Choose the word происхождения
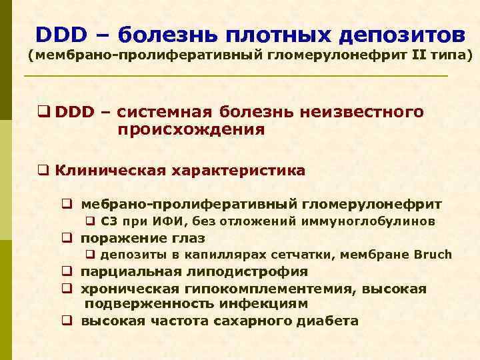point(191,129)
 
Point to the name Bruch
point(433,255)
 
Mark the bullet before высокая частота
point(67,321)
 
